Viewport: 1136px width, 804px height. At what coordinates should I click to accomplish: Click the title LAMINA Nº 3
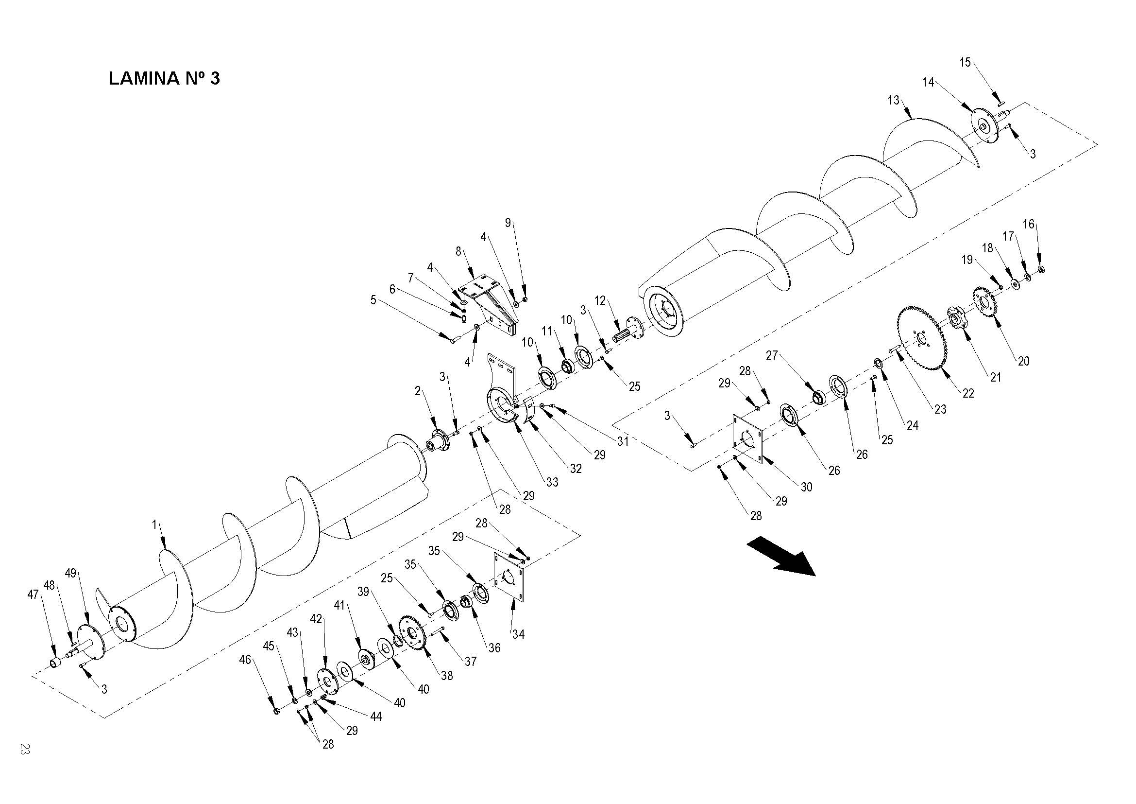(x=164, y=78)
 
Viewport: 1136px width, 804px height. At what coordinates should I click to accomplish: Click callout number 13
(x=893, y=101)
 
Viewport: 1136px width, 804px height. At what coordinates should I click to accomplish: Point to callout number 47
(x=33, y=594)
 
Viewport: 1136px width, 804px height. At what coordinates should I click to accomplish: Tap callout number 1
(x=154, y=524)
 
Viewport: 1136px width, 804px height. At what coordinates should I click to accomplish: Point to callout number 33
(x=552, y=482)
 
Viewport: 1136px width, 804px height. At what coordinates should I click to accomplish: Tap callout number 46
(x=245, y=660)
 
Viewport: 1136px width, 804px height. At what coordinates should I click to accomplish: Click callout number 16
(x=1029, y=224)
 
